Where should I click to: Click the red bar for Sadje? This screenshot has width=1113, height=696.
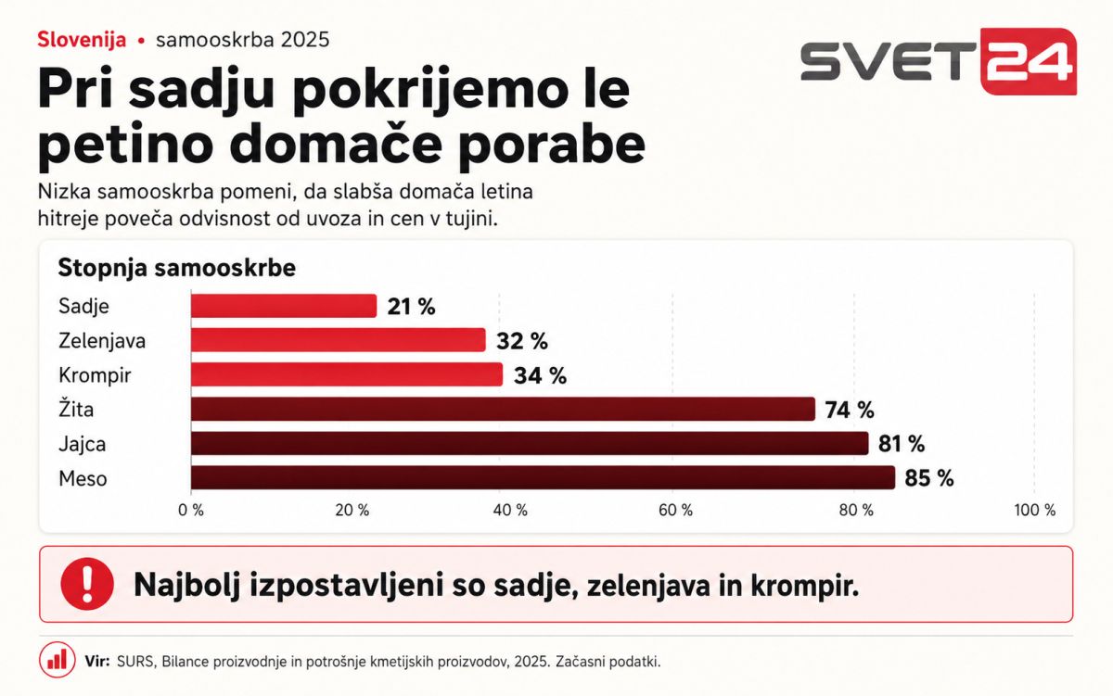coord(284,306)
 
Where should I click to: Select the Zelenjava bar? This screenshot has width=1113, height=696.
coord(339,340)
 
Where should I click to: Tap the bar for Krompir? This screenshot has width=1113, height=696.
coord(347,374)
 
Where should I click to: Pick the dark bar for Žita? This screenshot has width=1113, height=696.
coord(504,409)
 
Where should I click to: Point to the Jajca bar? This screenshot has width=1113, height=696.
coord(530,443)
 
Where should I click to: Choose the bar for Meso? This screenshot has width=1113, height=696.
coord(544,477)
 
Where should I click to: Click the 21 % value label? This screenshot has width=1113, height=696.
coord(412,307)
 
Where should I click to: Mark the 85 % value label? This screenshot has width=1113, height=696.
coord(929,478)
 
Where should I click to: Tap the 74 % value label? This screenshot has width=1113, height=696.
coord(850,410)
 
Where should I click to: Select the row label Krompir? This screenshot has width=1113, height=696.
coord(95,375)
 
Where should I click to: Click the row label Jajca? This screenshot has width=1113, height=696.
coord(83,444)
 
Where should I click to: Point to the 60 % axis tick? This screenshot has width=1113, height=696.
coord(676,510)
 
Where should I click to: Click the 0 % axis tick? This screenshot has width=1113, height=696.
coord(191,510)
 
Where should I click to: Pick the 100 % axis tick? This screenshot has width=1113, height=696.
coord(1035,510)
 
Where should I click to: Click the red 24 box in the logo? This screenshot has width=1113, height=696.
coord(1029,61)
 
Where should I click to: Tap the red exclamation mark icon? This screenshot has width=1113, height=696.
coord(87,584)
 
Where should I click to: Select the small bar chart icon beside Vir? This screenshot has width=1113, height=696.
coord(58,660)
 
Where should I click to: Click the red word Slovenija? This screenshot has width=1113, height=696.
coord(82,40)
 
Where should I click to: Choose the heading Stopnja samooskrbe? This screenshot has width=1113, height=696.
coord(177,268)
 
